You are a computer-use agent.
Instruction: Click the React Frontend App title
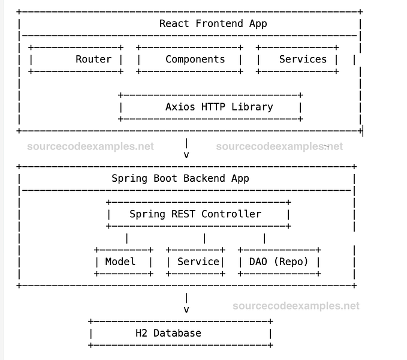pos(213,24)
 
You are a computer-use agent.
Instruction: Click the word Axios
pos(180,107)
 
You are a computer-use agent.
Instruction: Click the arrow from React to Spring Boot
pos(186,148)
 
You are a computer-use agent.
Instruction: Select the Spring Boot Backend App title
pos(180,178)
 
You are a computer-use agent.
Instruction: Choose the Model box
pos(123,262)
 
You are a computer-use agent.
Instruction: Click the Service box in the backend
pos(195,262)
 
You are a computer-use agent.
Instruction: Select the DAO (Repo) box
pos(279,262)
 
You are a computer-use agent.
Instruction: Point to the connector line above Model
pos(126,238)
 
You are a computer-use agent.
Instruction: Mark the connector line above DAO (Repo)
pos(264,238)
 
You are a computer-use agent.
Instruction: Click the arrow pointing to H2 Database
pos(186,304)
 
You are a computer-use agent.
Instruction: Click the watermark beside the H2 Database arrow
pos(296,306)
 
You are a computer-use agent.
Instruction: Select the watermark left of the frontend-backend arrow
pos(90,146)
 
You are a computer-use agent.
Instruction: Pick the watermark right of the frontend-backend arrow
pos(279,146)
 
